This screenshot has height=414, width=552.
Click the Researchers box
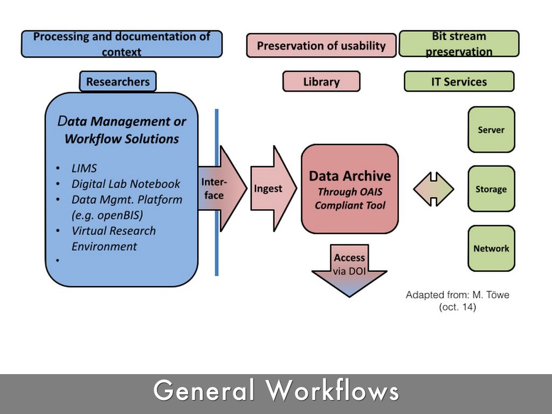pyautogui.click(x=118, y=82)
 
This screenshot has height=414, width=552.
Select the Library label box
pyautogui.click(x=321, y=82)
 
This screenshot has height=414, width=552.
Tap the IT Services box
pyautogui.click(x=459, y=82)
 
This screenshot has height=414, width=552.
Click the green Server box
pyautogui.click(x=491, y=130)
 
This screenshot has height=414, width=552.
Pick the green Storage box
pyautogui.click(x=491, y=189)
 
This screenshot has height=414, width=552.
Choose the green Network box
pyautogui.click(x=491, y=249)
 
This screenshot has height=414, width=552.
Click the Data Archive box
pyautogui.click(x=349, y=189)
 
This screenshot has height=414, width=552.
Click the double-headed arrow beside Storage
pyautogui.click(x=433, y=189)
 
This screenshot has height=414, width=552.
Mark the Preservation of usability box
pyautogui.click(x=321, y=46)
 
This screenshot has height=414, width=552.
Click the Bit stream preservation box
pyautogui.click(x=459, y=44)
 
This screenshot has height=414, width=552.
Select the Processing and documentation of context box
pyautogui.click(x=121, y=44)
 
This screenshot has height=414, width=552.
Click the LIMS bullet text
pyautogui.click(x=84, y=168)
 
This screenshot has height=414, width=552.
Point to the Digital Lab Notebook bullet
pyautogui.click(x=126, y=184)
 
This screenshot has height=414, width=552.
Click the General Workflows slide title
pyautogui.click(x=276, y=390)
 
